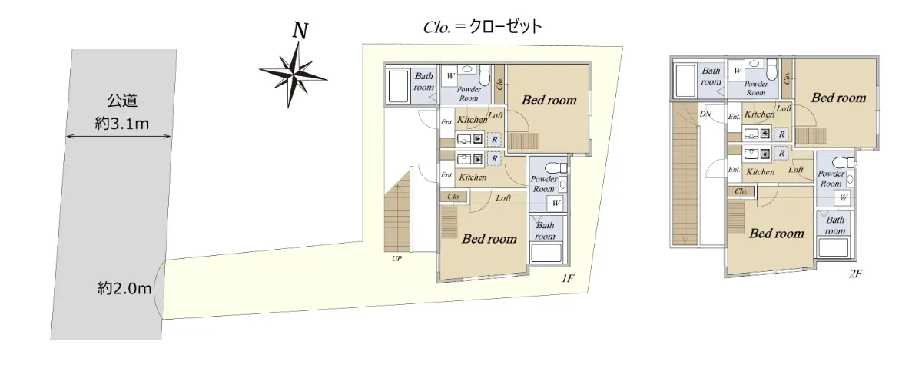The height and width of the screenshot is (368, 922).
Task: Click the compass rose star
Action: tap(294, 74)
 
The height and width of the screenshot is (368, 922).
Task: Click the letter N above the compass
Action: tap(300, 31)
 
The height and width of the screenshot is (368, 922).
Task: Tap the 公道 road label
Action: tap(120, 101)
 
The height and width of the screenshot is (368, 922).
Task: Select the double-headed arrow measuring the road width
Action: tap(118, 137)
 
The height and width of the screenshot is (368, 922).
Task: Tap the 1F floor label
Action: tap(569, 279)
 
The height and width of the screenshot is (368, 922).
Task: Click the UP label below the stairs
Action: tap(396, 258)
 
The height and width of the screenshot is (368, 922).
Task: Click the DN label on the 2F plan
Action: tap(705, 114)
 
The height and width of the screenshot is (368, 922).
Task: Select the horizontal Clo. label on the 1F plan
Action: tap(453, 197)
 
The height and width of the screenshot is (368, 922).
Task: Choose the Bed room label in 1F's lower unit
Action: tap(489, 239)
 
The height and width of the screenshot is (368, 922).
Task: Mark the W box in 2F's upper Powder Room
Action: tap(737, 71)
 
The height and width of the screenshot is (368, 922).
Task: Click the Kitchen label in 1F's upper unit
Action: tap(472, 120)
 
